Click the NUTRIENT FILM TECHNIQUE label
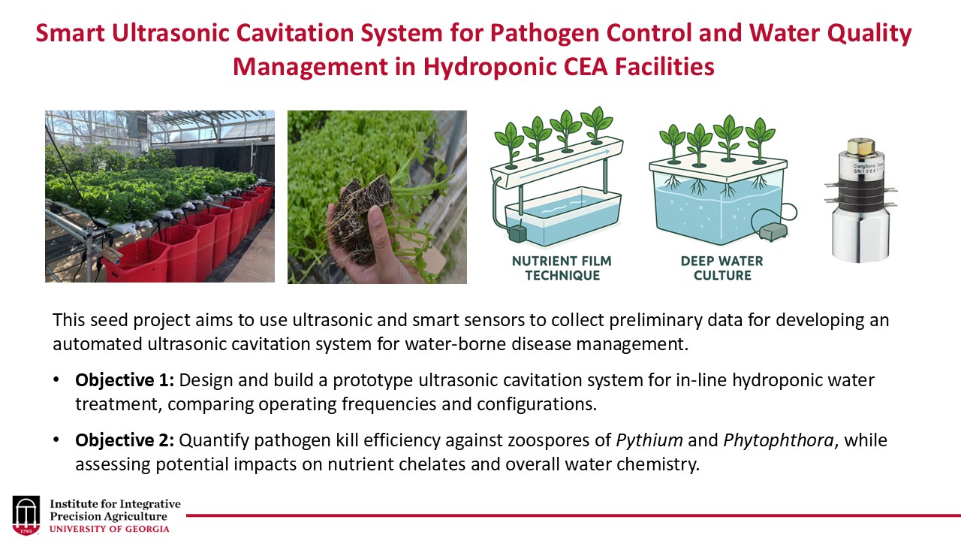pos(562,268)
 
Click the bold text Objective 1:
pos(125,380)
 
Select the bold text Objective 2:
pos(125,440)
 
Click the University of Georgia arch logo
pos(26,515)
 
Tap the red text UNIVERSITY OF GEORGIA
pos(110,528)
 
